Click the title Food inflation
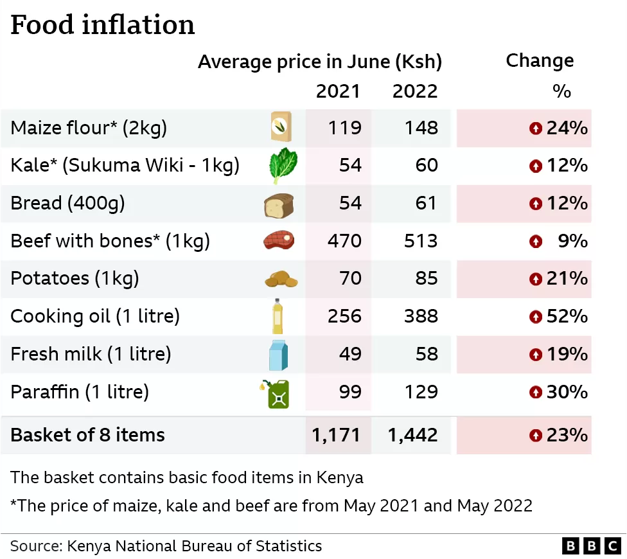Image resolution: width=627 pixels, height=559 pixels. (x=103, y=25)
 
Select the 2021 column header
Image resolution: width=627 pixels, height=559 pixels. (x=338, y=91)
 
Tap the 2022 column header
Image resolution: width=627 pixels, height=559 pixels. (x=415, y=91)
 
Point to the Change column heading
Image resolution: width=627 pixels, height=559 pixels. (x=540, y=61)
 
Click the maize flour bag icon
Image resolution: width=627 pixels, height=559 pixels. (x=280, y=127)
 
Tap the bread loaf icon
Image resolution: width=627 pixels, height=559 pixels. (x=279, y=204)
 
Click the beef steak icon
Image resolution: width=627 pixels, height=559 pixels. (x=279, y=241)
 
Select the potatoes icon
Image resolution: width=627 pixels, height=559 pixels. (x=281, y=279)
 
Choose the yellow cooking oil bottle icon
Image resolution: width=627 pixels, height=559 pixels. (x=278, y=316)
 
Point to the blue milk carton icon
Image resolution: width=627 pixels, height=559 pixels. (x=278, y=354)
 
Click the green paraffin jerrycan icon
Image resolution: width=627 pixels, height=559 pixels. (x=276, y=393)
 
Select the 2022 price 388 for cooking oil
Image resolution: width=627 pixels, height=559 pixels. (x=421, y=316)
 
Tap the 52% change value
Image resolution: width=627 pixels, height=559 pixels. (x=567, y=316)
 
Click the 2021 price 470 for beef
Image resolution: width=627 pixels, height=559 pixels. (x=344, y=241)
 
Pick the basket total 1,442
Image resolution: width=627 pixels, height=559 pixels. (x=413, y=435)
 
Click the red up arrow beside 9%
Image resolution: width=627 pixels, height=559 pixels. (x=535, y=242)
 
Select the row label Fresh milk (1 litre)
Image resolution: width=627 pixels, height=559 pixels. (x=91, y=354)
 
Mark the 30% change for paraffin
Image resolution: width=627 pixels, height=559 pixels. (x=567, y=391)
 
